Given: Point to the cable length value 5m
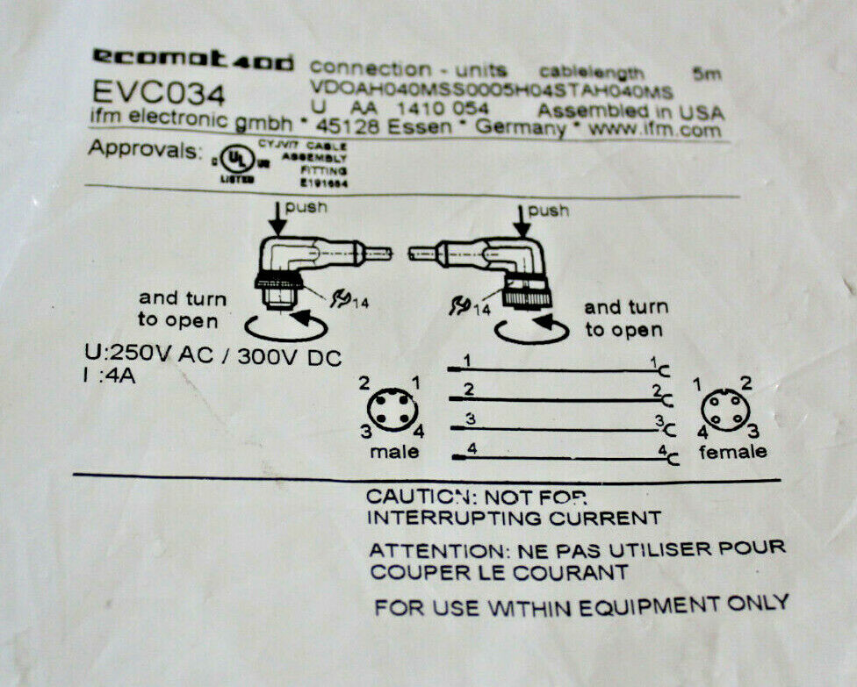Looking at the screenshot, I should [x=706, y=75].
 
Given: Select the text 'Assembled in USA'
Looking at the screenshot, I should [x=630, y=112].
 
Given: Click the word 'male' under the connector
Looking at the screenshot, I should [x=394, y=453].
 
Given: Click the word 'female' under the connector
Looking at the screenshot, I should [x=732, y=452].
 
